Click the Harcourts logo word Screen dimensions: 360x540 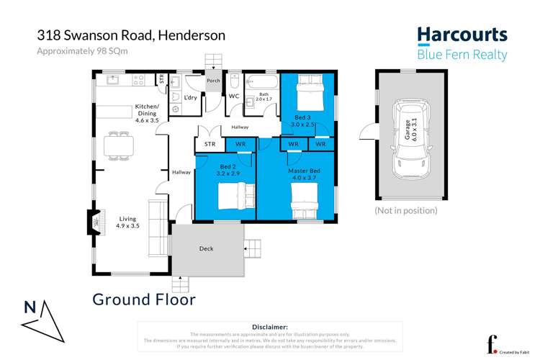[462, 35]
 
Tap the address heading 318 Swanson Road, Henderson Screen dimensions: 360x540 [131, 35]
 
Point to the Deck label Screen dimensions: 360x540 [206, 249]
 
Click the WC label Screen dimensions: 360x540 [233, 96]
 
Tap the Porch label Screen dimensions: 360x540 [213, 81]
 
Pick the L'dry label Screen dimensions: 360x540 [191, 97]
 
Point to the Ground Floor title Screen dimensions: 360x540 [144, 299]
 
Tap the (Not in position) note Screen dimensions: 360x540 [405, 210]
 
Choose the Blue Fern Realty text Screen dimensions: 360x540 [462, 55]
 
